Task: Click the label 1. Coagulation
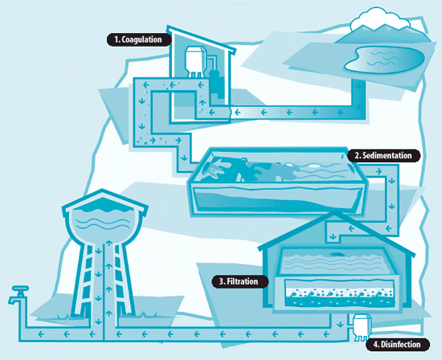[x=139, y=39]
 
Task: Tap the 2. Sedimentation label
[x=383, y=155]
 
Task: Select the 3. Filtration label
[x=239, y=281]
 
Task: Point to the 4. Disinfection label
[x=398, y=344]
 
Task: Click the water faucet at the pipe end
[x=18, y=295]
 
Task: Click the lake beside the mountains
[x=384, y=59]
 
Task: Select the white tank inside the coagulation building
[x=195, y=60]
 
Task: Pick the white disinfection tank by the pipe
[x=361, y=327]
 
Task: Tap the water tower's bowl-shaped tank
[x=104, y=223]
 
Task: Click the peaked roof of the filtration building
[x=335, y=231]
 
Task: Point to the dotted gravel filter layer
[x=340, y=293]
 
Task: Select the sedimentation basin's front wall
[x=277, y=198]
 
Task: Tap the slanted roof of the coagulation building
[x=201, y=39]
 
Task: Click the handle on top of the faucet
[x=20, y=288]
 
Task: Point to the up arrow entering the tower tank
[x=109, y=243]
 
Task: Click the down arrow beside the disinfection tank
[x=340, y=324]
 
